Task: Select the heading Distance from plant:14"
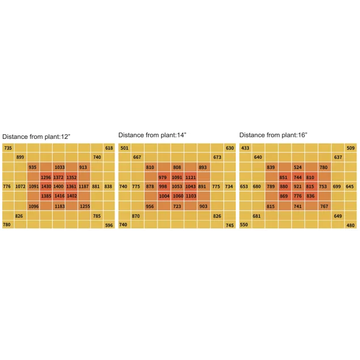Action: click(x=152, y=135)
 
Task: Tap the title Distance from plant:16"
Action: click(x=273, y=135)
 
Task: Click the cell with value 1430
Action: click(x=46, y=187)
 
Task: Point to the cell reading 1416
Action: click(x=59, y=196)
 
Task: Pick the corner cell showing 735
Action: click(x=7, y=148)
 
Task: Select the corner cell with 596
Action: click(x=109, y=225)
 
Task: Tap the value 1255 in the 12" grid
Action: click(x=84, y=206)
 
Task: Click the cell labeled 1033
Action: click(x=59, y=167)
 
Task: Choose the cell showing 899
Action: click(x=20, y=157)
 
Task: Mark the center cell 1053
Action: click(x=177, y=187)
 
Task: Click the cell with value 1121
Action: click(x=190, y=177)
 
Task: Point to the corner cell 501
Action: click(x=124, y=148)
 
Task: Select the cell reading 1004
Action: click(x=164, y=196)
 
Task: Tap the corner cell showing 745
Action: click(x=230, y=225)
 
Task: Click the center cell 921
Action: click(x=298, y=187)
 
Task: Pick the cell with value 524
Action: click(x=298, y=167)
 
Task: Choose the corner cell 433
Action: click(x=245, y=148)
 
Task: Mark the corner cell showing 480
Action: click(x=350, y=225)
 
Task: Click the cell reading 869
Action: click(x=283, y=196)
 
